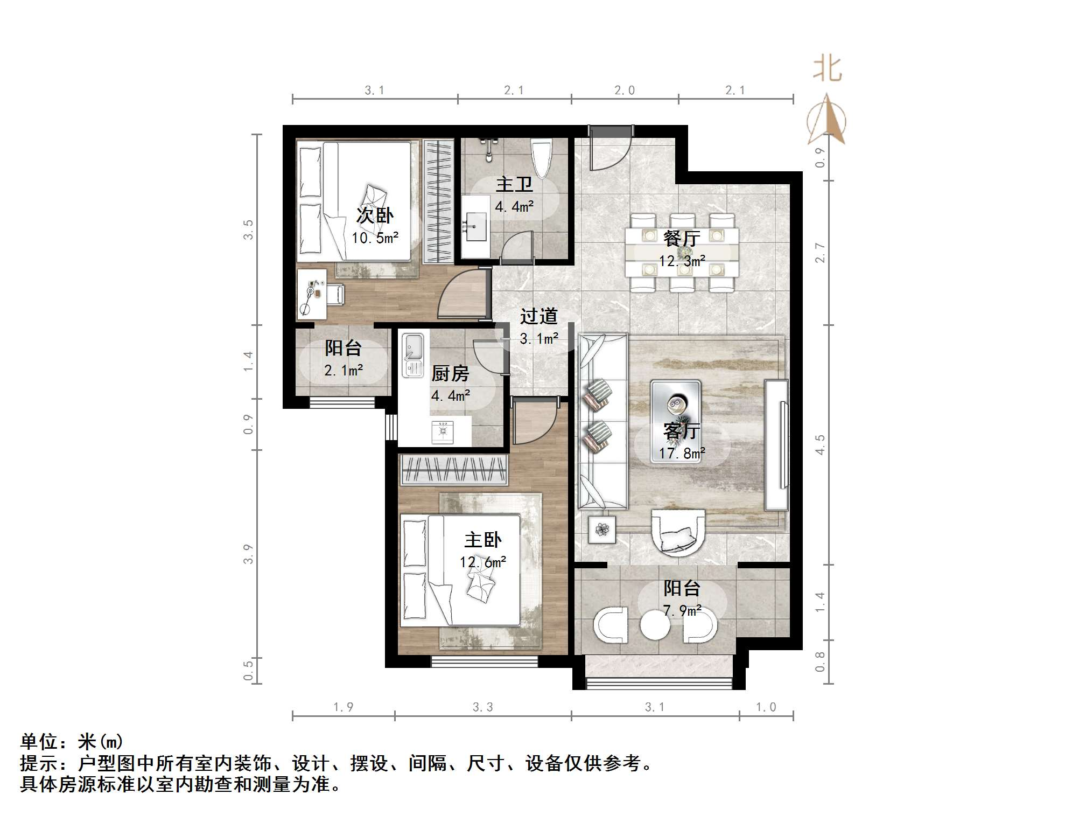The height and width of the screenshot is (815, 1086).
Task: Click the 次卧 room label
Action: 375,215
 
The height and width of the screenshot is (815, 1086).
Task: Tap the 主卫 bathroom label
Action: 514,184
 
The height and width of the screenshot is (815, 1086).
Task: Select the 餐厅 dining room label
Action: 682,238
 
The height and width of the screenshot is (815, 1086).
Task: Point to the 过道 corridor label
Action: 538,316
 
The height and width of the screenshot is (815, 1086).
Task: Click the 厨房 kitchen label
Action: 450,373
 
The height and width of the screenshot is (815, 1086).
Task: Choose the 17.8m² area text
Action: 682,454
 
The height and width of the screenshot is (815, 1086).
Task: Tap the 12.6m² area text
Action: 482,562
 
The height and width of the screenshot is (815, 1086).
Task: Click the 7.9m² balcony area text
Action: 682,610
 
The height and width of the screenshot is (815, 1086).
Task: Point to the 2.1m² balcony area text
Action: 343,370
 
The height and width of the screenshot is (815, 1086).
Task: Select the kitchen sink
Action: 414,356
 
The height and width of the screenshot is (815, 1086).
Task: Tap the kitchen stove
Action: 443,432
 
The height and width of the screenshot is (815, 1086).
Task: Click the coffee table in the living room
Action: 676,408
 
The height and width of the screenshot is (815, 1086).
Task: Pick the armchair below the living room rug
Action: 678,532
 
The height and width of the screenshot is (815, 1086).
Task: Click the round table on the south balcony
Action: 655,625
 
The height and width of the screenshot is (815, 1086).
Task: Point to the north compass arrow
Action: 826,119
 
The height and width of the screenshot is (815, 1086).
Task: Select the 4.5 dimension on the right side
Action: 819,445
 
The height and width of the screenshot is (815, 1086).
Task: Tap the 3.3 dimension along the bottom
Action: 482,707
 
